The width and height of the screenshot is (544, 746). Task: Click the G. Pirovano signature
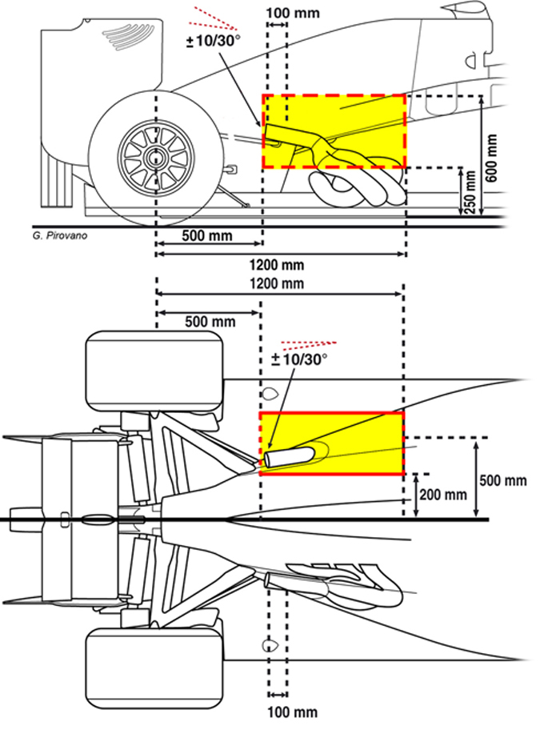pyautogui.click(x=60, y=235)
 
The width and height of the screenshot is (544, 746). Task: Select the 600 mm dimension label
pyautogui.click(x=492, y=158)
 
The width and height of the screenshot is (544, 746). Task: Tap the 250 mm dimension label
pyautogui.click(x=470, y=192)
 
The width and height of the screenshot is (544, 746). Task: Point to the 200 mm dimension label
pyautogui.click(x=443, y=495)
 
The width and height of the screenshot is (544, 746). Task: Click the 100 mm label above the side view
pyautogui.click(x=293, y=13)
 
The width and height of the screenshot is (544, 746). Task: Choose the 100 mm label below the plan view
pyautogui.click(x=293, y=712)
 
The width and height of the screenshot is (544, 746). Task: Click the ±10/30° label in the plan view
pyautogui.click(x=299, y=359)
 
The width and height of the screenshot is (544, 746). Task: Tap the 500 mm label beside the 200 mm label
pyautogui.click(x=503, y=480)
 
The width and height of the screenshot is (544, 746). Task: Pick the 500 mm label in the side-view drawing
pyautogui.click(x=207, y=235)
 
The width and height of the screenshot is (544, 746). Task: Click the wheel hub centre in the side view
pyautogui.click(x=155, y=158)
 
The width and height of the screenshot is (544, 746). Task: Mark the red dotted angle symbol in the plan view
pyautogui.click(x=309, y=343)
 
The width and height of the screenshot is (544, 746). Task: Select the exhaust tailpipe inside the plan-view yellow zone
pyautogui.click(x=288, y=457)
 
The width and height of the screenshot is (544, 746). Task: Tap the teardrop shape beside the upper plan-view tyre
pyautogui.click(x=270, y=394)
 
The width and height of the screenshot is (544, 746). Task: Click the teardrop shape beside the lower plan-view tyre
pyautogui.click(x=270, y=646)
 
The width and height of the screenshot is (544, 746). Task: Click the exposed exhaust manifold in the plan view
pyautogui.click(x=342, y=584)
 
